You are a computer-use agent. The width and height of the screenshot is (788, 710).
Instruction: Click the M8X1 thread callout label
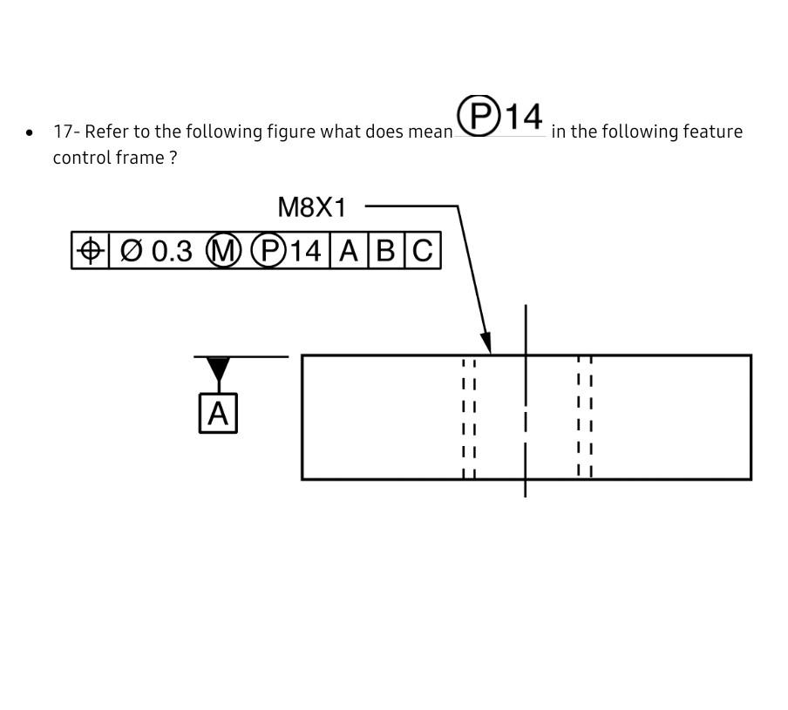[311, 207]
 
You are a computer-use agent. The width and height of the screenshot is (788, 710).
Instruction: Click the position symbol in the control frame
[90, 251]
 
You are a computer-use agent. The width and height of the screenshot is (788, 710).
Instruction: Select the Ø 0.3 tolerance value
[156, 251]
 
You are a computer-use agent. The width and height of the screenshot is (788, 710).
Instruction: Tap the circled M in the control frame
[223, 251]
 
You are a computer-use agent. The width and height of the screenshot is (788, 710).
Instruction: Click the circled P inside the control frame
[268, 251]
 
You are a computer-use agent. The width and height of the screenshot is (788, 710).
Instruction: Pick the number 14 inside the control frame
[305, 251]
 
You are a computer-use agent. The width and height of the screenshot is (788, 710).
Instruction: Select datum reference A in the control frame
[349, 251]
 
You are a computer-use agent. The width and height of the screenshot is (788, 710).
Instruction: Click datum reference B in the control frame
[386, 251]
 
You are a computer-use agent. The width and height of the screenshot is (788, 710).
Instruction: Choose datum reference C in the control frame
[423, 251]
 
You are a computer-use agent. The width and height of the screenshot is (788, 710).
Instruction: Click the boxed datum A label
[218, 413]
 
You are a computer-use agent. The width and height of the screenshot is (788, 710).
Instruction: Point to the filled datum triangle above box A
[218, 369]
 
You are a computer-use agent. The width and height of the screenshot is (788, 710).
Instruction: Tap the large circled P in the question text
[479, 116]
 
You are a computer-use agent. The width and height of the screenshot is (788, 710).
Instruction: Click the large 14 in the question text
[525, 117]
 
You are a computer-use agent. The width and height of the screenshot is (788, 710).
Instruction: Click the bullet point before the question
[31, 133]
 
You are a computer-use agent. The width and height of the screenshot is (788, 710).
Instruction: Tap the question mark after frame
[173, 158]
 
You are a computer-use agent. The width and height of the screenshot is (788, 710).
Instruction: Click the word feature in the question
[714, 132]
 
